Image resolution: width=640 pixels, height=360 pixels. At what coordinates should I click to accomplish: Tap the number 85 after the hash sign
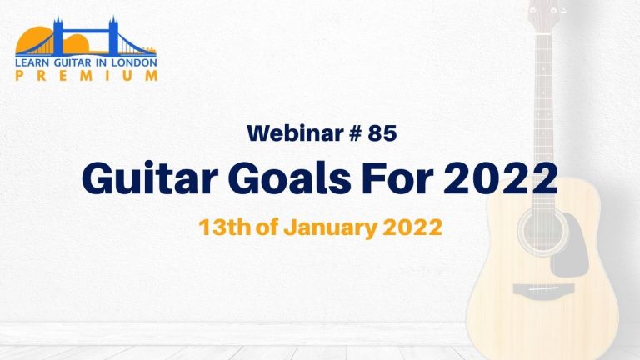(382, 132)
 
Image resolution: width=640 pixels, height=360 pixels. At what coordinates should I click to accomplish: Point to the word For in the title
(397, 179)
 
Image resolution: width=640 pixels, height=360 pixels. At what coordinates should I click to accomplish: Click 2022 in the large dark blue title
(500, 178)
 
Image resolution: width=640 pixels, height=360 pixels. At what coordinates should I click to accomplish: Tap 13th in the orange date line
(224, 227)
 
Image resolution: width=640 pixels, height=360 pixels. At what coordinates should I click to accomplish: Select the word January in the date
(330, 228)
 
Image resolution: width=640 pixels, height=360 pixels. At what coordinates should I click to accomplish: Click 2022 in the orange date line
(412, 227)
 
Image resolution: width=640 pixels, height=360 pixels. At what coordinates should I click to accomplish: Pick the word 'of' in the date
(267, 227)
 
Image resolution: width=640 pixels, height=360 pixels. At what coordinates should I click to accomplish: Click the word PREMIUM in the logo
(87, 76)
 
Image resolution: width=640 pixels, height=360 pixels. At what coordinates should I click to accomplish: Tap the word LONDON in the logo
(134, 62)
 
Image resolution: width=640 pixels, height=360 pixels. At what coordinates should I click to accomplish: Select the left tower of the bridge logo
(58, 36)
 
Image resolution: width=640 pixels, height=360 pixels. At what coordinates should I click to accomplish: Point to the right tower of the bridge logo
(113, 36)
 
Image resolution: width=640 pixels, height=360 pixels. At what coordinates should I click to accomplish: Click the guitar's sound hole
(542, 231)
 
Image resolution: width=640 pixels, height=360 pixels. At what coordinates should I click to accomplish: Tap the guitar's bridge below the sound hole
(543, 289)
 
